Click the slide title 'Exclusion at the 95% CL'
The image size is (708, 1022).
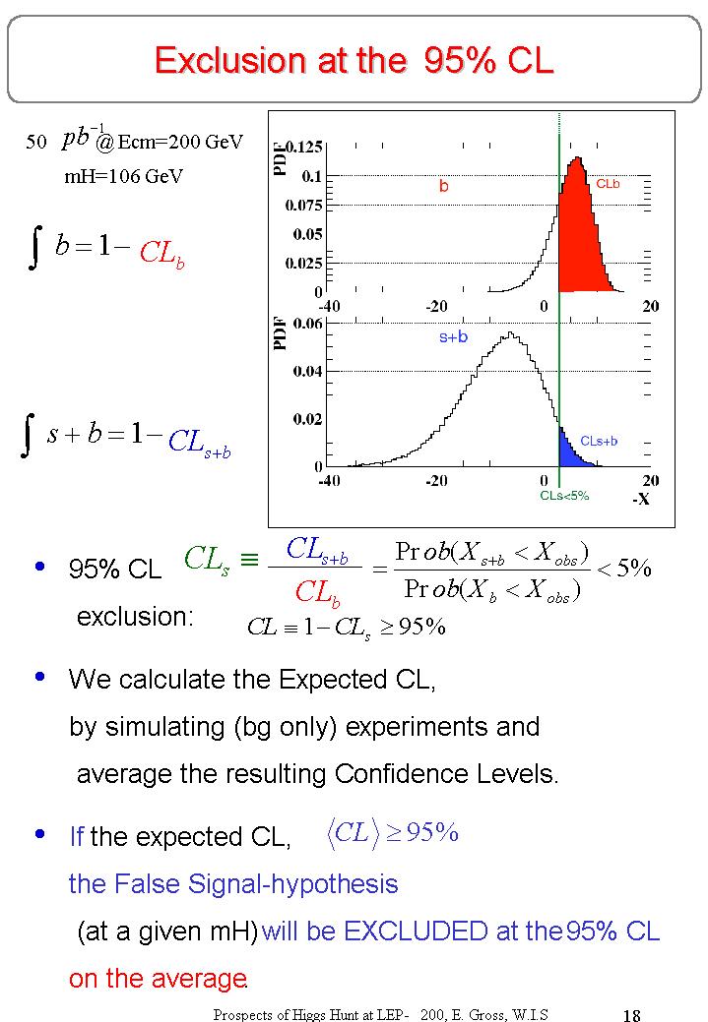click(354, 61)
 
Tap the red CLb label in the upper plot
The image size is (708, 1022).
click(608, 184)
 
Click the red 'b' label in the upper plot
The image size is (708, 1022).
click(444, 185)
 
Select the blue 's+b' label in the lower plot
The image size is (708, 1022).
click(453, 337)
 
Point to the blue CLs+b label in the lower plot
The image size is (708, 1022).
click(599, 441)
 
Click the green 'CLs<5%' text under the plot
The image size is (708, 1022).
click(564, 496)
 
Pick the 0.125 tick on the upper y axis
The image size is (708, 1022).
click(304, 148)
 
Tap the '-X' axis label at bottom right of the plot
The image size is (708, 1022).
click(641, 499)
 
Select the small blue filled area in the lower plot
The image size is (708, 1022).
click(568, 452)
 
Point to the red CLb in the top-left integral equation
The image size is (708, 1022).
click(161, 253)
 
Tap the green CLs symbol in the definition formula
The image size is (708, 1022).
click(207, 560)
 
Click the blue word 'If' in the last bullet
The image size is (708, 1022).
click(76, 837)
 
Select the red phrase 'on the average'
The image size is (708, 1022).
click(157, 979)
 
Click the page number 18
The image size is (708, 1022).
click(632, 1015)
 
